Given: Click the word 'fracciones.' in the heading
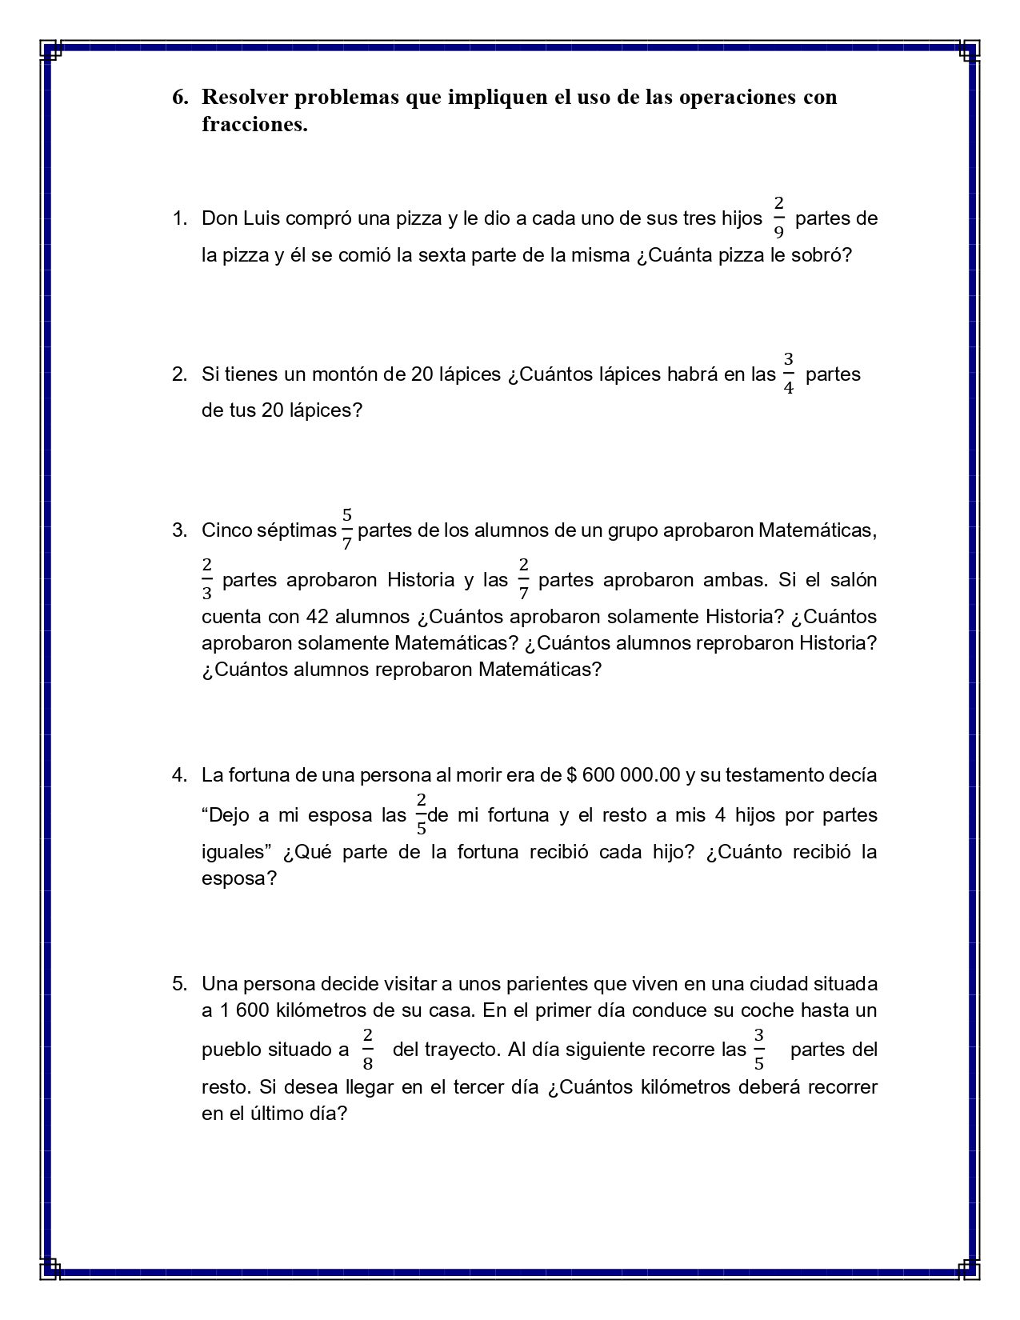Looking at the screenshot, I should (254, 125).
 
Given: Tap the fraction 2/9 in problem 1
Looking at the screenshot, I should (778, 217).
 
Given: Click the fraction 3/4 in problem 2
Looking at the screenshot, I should (788, 374).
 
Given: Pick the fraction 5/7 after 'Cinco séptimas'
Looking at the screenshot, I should (346, 529).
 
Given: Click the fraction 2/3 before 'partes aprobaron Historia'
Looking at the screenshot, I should (207, 579).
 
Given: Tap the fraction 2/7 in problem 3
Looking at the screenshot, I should (523, 579).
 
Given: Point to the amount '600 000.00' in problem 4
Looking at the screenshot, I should (632, 775).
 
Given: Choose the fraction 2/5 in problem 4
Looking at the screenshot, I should (421, 814).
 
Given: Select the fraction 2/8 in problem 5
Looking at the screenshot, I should (367, 1049).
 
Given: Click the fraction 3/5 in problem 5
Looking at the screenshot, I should (758, 1049).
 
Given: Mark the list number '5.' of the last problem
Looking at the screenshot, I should (179, 983).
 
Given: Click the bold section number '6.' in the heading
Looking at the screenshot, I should (180, 98).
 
